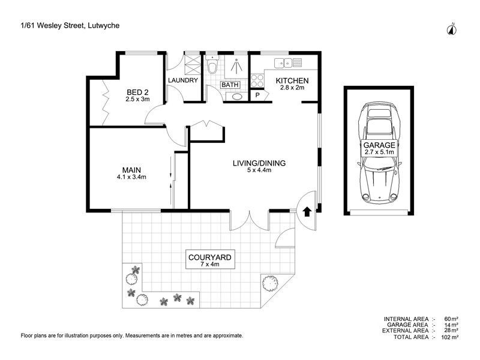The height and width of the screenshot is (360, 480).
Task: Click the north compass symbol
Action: pyautogui.click(x=452, y=29)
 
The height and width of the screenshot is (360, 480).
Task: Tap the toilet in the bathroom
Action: pyautogui.click(x=212, y=65)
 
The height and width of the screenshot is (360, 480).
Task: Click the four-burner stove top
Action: pyautogui.click(x=257, y=80)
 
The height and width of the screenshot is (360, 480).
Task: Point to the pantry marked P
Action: pyautogui.click(x=257, y=95)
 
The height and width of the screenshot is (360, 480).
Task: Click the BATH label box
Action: pyautogui.click(x=230, y=85)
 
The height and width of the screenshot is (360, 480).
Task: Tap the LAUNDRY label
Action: pyautogui.click(x=183, y=80)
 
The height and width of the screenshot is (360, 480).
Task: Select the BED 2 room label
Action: pyautogui.click(x=137, y=92)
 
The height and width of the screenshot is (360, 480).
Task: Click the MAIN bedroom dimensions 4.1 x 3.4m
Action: pyautogui.click(x=131, y=177)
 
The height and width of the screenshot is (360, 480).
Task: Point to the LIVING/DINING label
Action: pyautogui.click(x=259, y=163)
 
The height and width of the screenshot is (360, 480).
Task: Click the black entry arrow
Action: pyautogui.click(x=307, y=212)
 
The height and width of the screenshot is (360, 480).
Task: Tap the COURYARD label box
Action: pyautogui.click(x=210, y=260)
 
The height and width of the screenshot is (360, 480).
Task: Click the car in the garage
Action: pyautogui.click(x=379, y=153)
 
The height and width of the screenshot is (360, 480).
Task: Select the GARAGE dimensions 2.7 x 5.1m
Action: pyautogui.click(x=379, y=152)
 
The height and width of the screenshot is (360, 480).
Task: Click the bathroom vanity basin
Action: pyautogui.click(x=236, y=97)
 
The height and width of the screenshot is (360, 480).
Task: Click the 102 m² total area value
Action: pyautogui.click(x=449, y=337)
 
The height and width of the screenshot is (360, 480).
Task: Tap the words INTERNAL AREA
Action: pyautogui.click(x=406, y=319)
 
